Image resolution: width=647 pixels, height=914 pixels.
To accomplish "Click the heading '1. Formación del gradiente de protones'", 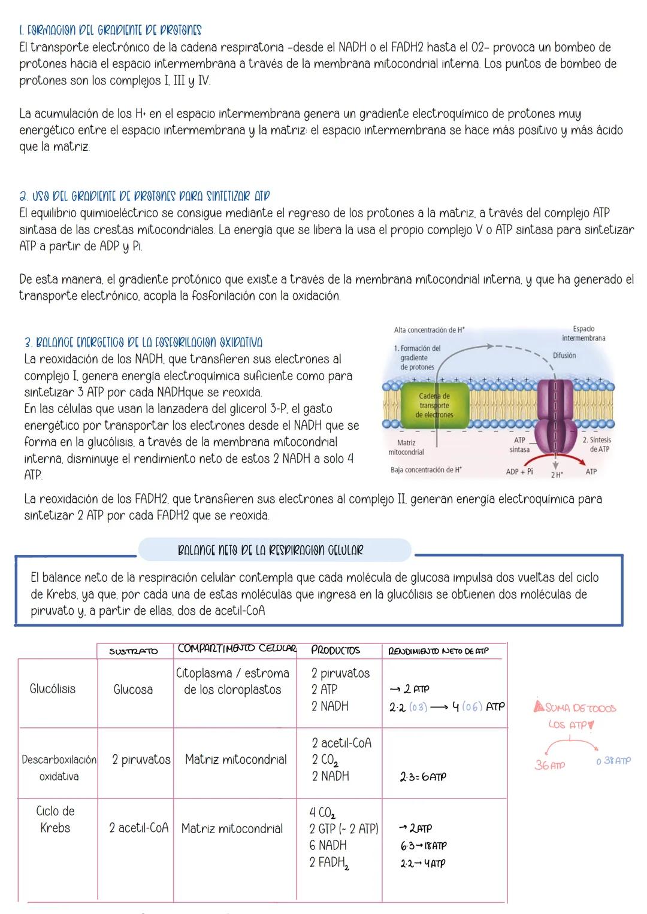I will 110,30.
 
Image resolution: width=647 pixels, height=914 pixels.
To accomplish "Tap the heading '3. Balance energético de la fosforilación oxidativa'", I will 143,342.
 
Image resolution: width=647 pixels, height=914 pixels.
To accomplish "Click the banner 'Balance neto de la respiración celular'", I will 271,549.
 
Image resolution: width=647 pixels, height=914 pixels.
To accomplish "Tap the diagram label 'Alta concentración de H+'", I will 429,330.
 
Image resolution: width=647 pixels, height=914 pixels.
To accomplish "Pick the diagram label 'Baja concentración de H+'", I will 426,470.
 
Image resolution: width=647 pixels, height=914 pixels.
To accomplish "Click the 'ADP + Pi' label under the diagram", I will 519,472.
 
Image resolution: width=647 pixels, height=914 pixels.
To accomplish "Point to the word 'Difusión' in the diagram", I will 564,356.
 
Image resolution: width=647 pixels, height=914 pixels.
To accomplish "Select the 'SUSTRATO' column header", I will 133,651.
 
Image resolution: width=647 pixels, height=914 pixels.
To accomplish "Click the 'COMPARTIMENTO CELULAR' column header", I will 237,649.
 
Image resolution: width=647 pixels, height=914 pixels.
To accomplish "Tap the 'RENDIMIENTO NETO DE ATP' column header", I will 438,651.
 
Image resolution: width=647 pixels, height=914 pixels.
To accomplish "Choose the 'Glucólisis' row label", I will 53,689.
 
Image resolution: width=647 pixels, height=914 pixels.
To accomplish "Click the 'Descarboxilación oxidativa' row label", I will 59,768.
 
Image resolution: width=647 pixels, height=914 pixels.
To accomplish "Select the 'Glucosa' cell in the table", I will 133,690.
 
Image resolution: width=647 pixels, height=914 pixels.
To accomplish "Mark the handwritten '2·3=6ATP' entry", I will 422,777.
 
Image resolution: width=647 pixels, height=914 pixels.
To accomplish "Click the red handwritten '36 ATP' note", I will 549,765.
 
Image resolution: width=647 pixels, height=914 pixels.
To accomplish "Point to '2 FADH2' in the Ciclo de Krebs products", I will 329,863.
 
